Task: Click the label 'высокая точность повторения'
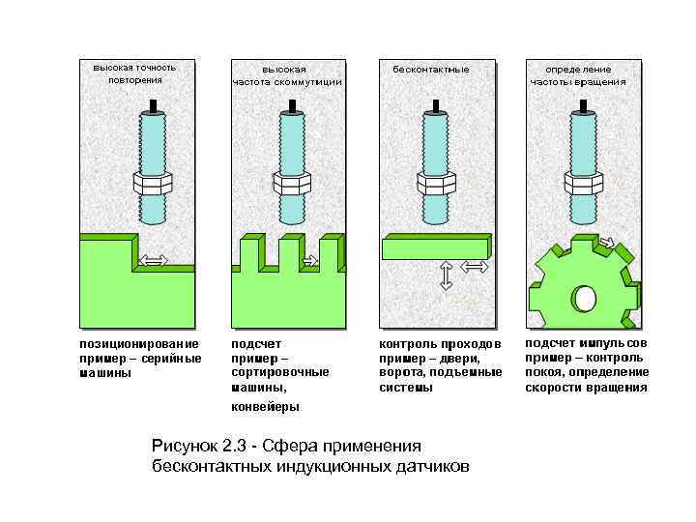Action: tap(135, 73)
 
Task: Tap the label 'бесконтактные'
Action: tap(431, 70)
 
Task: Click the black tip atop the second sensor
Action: tap(293, 102)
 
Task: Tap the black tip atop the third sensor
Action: tap(436, 102)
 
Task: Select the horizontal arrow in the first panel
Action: tap(154, 260)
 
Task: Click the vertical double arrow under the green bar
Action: tap(446, 275)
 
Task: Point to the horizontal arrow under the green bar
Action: tap(474, 266)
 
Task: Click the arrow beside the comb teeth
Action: tap(310, 260)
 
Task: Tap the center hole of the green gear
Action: tap(584, 300)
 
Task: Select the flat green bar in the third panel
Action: tap(435, 247)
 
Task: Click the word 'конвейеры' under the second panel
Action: tap(265, 406)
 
